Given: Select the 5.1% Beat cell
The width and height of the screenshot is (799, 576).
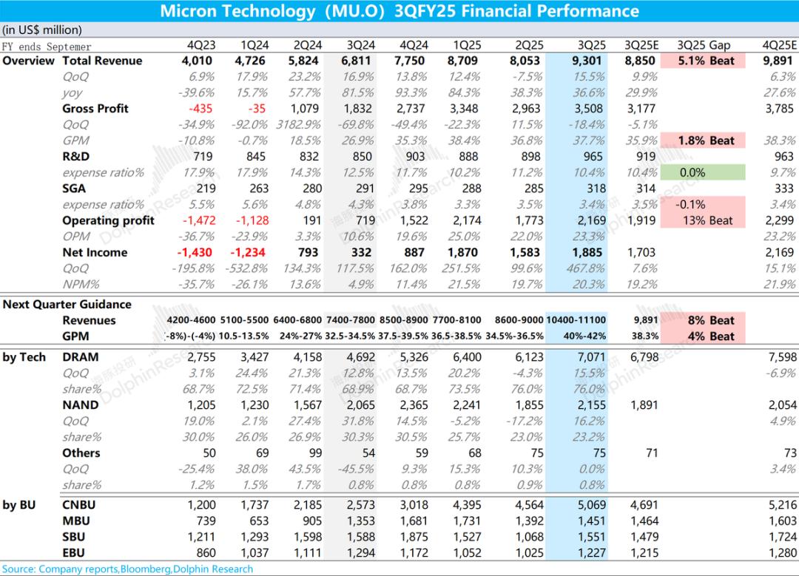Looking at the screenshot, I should [702, 61].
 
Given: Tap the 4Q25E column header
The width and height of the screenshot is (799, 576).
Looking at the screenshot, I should [779, 45].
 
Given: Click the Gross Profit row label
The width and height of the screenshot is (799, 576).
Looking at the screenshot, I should [95, 109].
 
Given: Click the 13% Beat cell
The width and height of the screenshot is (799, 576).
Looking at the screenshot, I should [702, 220].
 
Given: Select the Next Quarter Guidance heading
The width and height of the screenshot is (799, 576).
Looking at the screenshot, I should [67, 305].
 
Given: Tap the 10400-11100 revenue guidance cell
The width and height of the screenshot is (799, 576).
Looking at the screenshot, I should [576, 320].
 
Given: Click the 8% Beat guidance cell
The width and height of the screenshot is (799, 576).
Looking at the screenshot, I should [711, 320].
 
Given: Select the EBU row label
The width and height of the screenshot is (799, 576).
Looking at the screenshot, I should [73, 553].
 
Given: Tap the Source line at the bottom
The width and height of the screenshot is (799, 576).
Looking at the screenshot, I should [127, 569].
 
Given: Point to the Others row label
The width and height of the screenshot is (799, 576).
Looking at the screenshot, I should [81, 453].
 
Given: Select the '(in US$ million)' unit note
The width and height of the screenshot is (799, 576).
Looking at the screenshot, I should [42, 30].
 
